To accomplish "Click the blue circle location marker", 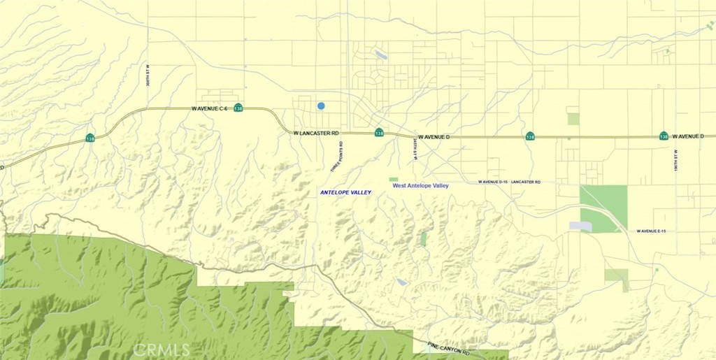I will tap(321, 106).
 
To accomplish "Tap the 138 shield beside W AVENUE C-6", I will tap(238, 108).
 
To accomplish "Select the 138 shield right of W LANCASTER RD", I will tap(379, 132).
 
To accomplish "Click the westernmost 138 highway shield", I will tap(90, 138).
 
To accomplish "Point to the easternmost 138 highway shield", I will tap(663, 136).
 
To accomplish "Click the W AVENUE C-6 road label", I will tap(210, 108).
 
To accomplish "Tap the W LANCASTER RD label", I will tap(316, 133).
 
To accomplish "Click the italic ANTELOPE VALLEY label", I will tap(345, 192).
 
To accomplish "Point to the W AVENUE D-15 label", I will tap(492, 182).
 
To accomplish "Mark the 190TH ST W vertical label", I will tap(676, 161).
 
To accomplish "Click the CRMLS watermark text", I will tap(161, 349).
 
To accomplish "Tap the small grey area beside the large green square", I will tap(580, 226).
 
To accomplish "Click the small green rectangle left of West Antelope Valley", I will tap(393, 180).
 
